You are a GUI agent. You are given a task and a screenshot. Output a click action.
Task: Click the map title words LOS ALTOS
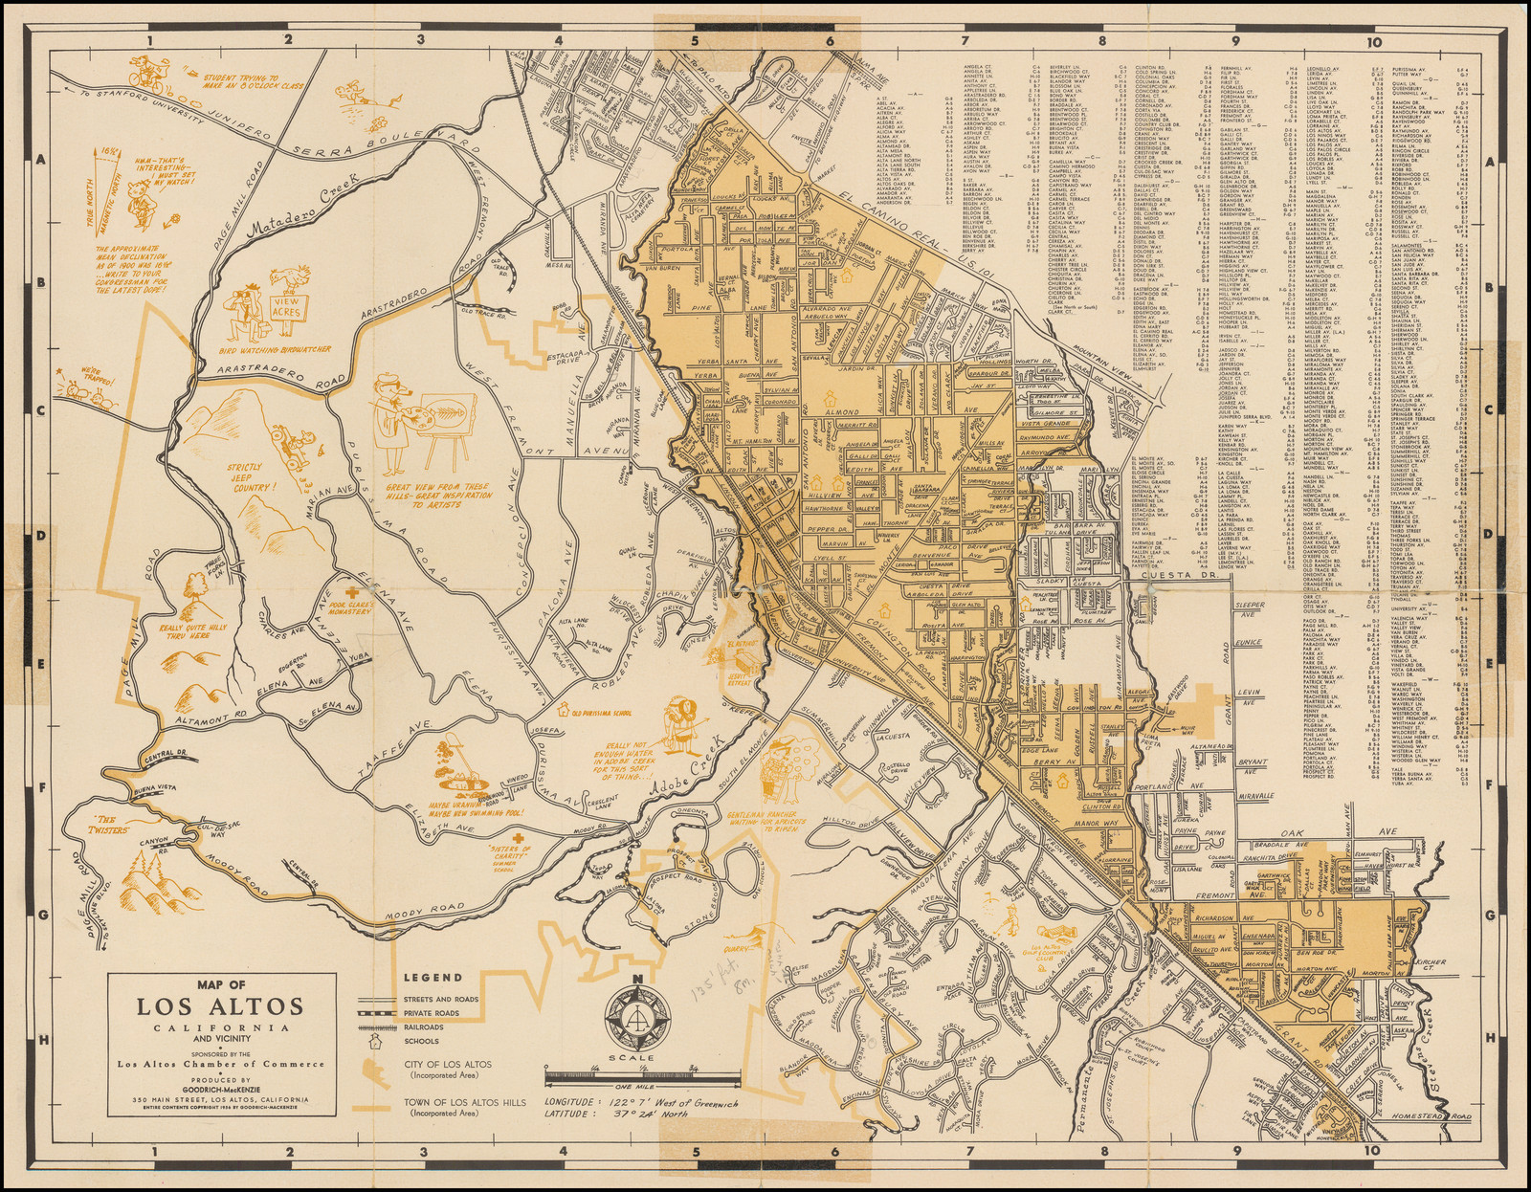coord(220,1006)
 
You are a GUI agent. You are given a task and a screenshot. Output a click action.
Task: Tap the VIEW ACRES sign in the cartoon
coord(285,306)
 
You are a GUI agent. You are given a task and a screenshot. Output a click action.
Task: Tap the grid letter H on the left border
coord(39,1038)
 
